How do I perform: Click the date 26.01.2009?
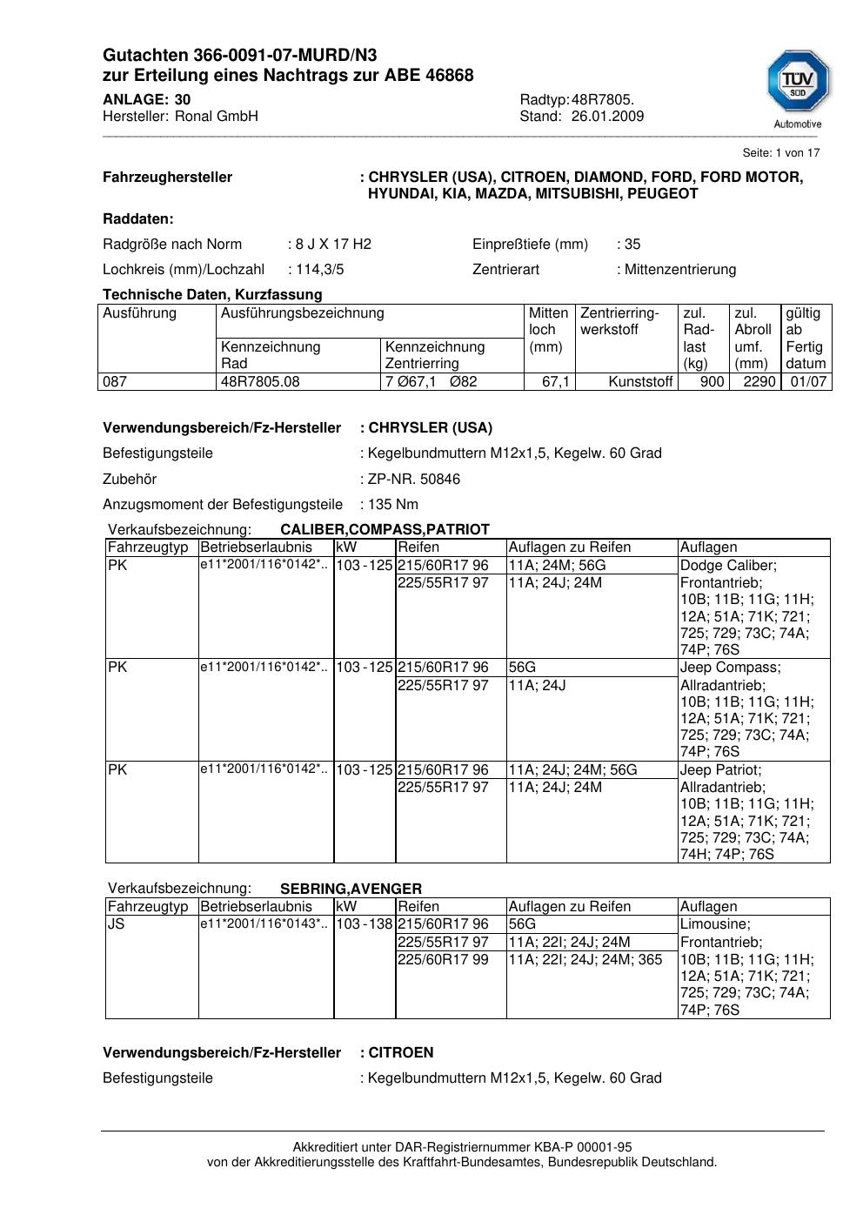coord(607,117)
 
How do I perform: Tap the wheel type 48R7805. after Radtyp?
coord(603,100)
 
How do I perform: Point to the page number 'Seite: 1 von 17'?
coord(780,153)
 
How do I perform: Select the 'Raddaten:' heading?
coord(138,219)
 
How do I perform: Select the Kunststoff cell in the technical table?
coord(641,381)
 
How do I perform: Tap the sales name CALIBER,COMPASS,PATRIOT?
coord(385,530)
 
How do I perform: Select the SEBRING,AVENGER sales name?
coord(351,890)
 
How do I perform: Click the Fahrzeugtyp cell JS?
coord(117,924)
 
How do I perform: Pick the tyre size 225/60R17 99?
coord(443,960)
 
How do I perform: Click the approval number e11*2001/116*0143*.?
coord(264,924)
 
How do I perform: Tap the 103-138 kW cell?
coord(365,924)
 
